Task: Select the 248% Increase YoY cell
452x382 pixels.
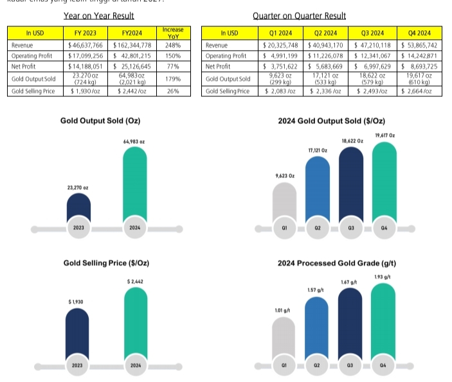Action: tap(172, 46)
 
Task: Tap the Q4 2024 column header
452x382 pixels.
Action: tap(420, 32)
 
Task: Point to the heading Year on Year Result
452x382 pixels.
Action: tap(98, 15)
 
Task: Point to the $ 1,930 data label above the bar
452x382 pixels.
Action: tap(77, 302)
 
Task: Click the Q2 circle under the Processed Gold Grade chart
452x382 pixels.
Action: tap(317, 365)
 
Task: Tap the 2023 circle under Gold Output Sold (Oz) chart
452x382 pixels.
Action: tap(78, 228)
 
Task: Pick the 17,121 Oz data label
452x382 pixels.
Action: tap(316, 150)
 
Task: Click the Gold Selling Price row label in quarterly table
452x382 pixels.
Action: tap(227, 91)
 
